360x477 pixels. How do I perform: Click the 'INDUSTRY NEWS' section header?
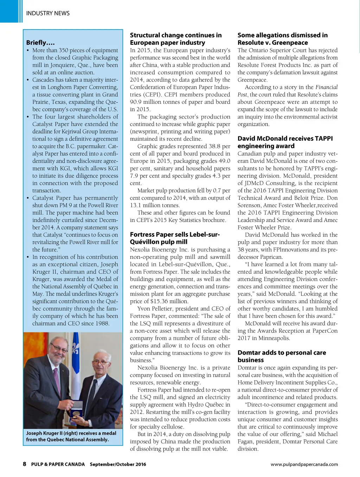click(x=48, y=13)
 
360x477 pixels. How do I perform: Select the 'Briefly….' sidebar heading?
click(x=40, y=43)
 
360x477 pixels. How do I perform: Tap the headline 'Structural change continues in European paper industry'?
click(x=175, y=39)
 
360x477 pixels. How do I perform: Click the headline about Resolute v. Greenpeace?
click(x=282, y=39)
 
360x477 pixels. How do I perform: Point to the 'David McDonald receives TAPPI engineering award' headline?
click(x=285, y=142)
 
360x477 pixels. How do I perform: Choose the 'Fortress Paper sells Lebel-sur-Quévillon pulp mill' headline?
click(x=175, y=238)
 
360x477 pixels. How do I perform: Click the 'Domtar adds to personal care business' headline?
click(x=282, y=356)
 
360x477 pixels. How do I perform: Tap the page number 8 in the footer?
click(x=25, y=464)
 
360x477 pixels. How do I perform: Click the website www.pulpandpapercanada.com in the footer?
click(x=304, y=464)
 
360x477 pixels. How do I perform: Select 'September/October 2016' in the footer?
click(x=118, y=464)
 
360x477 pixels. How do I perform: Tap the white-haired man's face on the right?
click(x=101, y=362)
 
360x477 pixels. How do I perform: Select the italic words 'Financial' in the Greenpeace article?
click(x=326, y=87)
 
